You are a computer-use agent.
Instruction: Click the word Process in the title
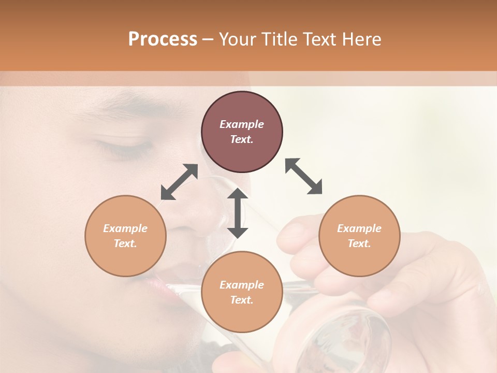(x=163, y=39)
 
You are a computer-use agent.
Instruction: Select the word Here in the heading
(x=361, y=39)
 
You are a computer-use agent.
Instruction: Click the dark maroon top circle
(x=242, y=132)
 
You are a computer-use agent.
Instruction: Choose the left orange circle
(x=125, y=236)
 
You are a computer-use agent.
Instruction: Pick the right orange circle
(x=359, y=236)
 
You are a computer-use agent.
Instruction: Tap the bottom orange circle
(x=242, y=292)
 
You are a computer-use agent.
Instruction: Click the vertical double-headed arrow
(x=238, y=213)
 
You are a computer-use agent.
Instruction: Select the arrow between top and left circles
(x=179, y=182)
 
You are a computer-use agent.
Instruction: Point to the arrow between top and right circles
(x=304, y=176)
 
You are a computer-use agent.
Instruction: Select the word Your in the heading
(x=238, y=39)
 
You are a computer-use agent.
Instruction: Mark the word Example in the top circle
(x=242, y=124)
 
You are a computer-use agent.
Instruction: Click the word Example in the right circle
(x=359, y=228)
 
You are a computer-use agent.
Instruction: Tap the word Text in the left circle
(x=125, y=243)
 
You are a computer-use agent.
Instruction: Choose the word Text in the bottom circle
(x=242, y=300)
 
